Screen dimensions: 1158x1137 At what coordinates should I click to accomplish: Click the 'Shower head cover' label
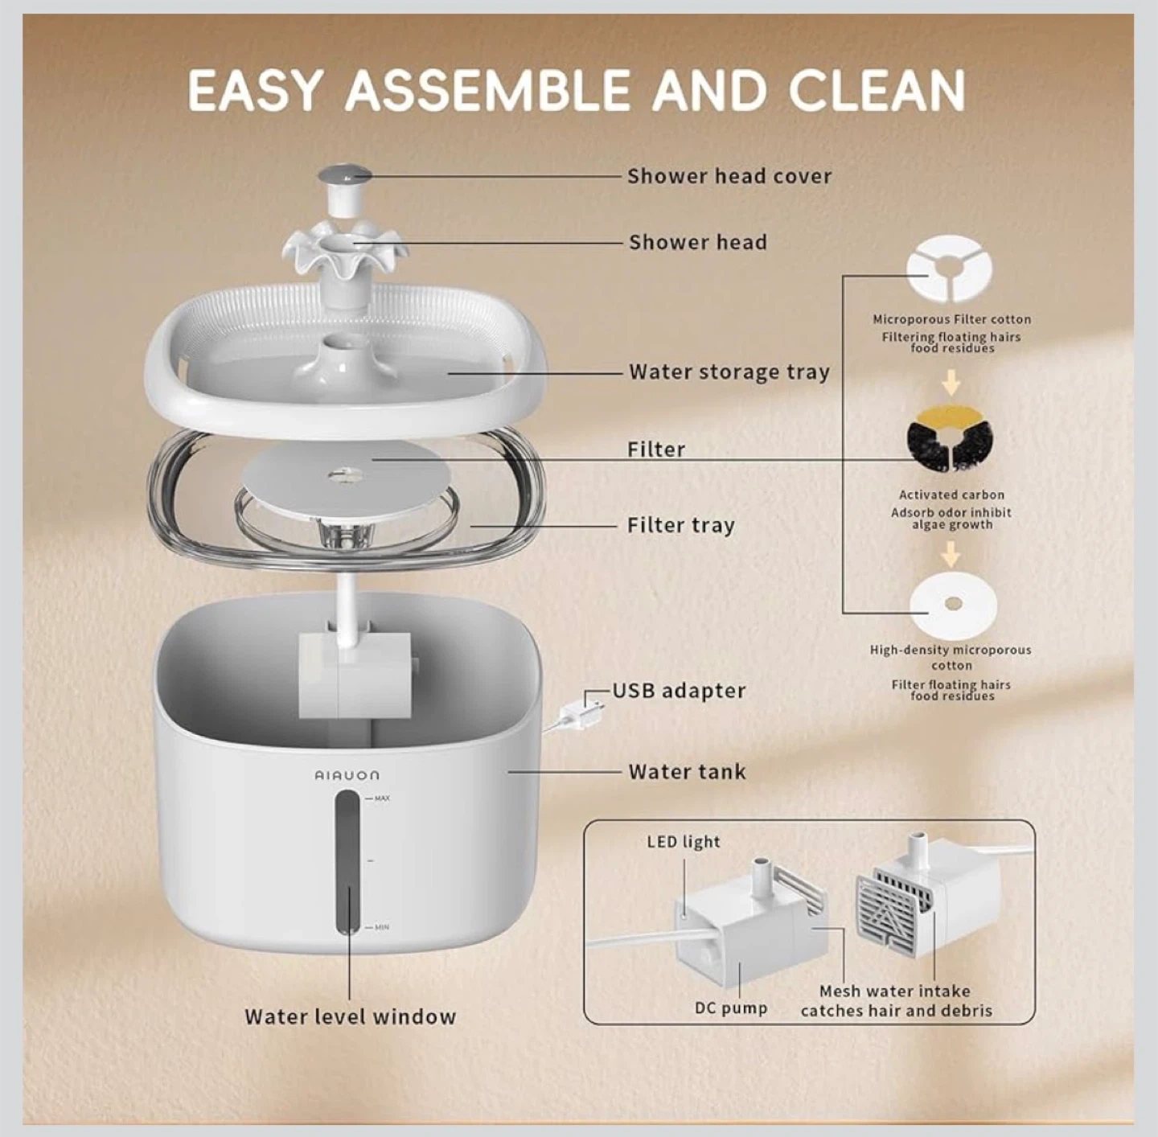(729, 176)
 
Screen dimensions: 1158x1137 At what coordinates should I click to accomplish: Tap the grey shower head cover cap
(343, 176)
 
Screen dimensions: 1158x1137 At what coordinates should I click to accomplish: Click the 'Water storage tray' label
(729, 372)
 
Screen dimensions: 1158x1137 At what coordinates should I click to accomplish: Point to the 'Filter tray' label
(681, 526)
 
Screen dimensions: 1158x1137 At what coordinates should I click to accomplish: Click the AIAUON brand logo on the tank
(347, 775)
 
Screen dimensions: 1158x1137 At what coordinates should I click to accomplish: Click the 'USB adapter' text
(679, 691)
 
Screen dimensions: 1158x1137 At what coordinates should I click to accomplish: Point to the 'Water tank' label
(687, 772)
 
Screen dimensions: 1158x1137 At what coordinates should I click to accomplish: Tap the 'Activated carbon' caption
(951, 495)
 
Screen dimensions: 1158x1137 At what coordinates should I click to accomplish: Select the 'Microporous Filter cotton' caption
(952, 319)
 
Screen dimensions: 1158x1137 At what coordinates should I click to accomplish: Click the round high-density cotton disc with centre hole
(952, 604)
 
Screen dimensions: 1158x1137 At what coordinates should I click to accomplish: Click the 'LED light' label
(684, 842)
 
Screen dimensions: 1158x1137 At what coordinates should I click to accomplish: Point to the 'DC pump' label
(731, 1008)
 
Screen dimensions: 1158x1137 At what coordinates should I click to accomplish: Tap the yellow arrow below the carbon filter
(950, 553)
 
